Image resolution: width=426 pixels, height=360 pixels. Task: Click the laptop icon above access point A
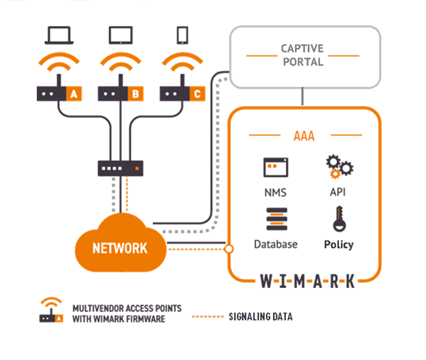60,35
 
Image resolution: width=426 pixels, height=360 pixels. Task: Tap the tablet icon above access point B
121,35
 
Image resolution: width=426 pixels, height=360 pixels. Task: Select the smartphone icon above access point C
182,35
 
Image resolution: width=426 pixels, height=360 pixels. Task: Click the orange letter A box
74,94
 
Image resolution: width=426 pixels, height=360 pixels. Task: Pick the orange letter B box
136,94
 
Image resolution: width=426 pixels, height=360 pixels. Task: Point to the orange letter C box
197,94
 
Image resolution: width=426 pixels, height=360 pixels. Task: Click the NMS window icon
276,167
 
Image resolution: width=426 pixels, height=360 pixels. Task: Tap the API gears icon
338,167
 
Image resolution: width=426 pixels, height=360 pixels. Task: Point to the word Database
276,245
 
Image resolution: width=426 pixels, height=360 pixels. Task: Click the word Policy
339,245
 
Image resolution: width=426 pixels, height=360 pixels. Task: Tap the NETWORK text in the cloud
119,248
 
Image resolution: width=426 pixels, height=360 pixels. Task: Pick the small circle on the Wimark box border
228,248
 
